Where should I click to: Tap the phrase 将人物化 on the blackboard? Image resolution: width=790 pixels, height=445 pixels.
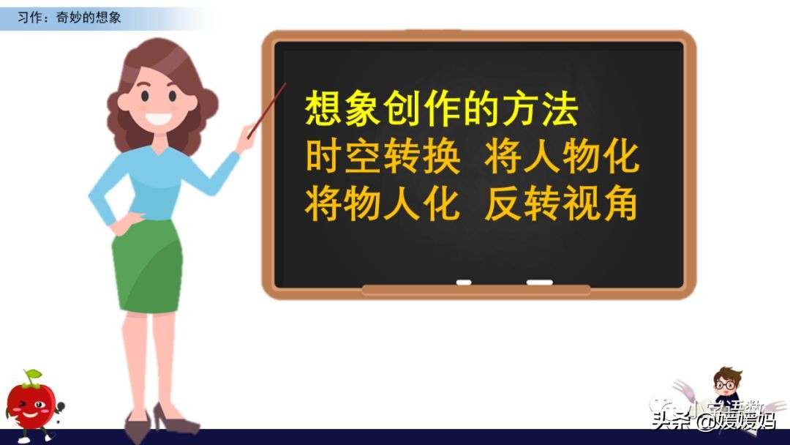pos(562,158)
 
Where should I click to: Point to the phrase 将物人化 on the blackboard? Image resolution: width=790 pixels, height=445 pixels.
pos(383,204)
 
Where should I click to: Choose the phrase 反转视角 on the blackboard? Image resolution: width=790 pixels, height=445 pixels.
pos(562,204)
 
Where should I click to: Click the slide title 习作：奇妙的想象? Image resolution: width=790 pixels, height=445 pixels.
pos(69,17)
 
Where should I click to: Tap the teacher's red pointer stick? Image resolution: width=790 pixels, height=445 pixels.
pos(267,110)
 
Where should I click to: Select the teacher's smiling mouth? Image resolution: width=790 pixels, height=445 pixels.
pos(159,117)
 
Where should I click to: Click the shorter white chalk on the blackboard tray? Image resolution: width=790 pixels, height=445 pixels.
pos(464,282)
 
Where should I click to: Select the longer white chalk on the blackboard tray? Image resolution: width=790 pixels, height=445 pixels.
pos(539,282)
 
